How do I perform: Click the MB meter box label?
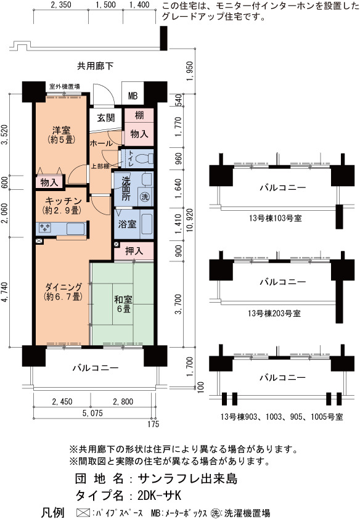pos(133,96)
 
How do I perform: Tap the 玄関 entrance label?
pos(106,118)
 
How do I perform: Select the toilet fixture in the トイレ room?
pos(145,159)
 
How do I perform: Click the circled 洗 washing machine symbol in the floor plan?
pos(145,197)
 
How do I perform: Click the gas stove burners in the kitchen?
pos(45,227)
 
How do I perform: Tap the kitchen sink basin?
pos(75,229)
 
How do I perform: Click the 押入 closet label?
pos(134,251)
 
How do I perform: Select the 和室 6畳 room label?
pos(123,304)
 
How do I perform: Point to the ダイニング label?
pos(63,286)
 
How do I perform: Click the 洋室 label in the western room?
pos(62,130)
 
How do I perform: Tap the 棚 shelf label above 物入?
pos(139,115)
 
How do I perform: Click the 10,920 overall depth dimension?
pos(189,220)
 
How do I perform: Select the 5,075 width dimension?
pos(92,413)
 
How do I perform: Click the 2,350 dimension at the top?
pos(61,5)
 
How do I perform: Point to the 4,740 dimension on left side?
pos(5,292)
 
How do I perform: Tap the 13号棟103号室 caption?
pos(276,218)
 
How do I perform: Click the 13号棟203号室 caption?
pos(274,313)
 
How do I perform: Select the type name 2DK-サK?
pos(160,496)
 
